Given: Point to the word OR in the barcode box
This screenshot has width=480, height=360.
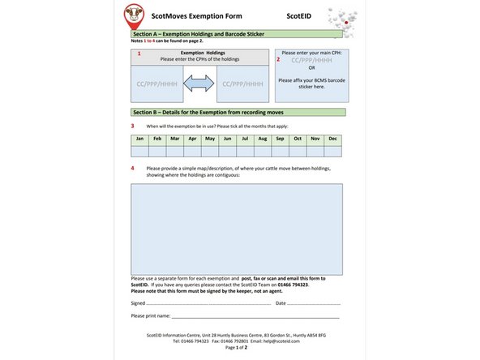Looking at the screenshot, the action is (311, 68).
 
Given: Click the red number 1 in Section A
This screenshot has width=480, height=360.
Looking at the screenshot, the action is (139, 54).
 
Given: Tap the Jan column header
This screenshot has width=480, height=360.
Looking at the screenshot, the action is (139, 139).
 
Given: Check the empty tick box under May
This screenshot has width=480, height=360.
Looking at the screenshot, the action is (209, 151).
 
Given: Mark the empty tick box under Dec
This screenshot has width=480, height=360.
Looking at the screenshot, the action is (332, 151).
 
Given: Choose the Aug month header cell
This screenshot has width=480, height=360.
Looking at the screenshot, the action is (262, 139).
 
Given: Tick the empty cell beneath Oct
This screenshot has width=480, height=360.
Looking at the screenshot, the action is (298, 151).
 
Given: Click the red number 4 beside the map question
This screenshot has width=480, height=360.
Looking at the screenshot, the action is (133, 168).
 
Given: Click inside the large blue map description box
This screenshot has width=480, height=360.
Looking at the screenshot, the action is (236, 228).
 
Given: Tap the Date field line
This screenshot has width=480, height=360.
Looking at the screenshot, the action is (313, 303).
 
